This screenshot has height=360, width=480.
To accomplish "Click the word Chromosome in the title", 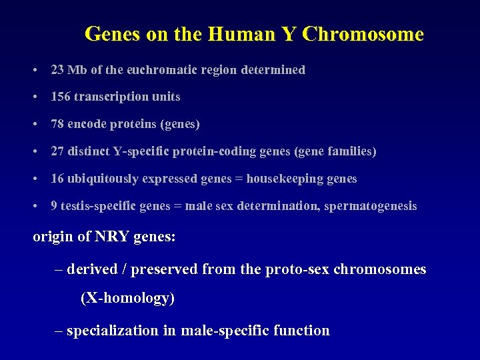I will (363, 34).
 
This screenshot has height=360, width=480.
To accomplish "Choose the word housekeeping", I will (293, 179).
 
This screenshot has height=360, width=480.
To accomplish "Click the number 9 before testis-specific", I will (54, 206).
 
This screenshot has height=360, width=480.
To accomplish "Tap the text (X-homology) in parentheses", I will (127, 298).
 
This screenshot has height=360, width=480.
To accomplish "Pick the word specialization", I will (113, 331).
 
